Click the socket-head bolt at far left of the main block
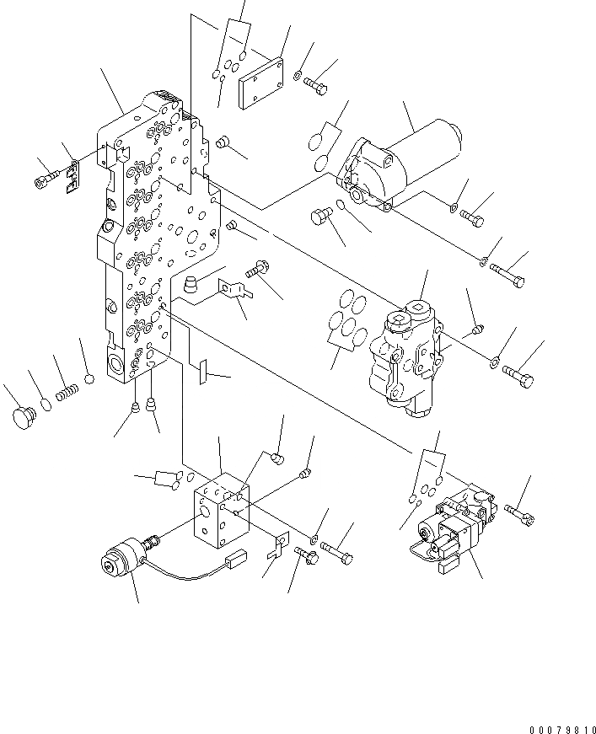[x=46, y=178]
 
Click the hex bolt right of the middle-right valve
[x=517, y=376]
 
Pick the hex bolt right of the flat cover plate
[x=318, y=86]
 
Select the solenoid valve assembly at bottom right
[x=454, y=529]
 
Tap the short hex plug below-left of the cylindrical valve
[x=321, y=217]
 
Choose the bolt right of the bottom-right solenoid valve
[x=519, y=512]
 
